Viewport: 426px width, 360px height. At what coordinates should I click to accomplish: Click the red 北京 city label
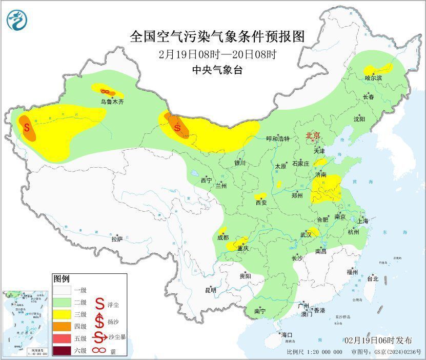tap(313, 135)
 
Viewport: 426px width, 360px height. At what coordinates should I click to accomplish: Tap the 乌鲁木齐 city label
tap(112, 102)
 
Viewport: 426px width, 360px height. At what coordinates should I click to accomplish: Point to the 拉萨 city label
tap(117, 239)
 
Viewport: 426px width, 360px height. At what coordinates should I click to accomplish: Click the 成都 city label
tap(223, 237)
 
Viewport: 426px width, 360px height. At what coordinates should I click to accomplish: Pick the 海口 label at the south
tap(286, 334)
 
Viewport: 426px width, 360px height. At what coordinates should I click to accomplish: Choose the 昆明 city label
tap(211, 290)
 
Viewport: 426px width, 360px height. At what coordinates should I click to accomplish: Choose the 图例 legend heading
tap(61, 279)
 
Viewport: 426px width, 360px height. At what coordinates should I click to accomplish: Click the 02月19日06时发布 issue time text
tap(378, 341)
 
